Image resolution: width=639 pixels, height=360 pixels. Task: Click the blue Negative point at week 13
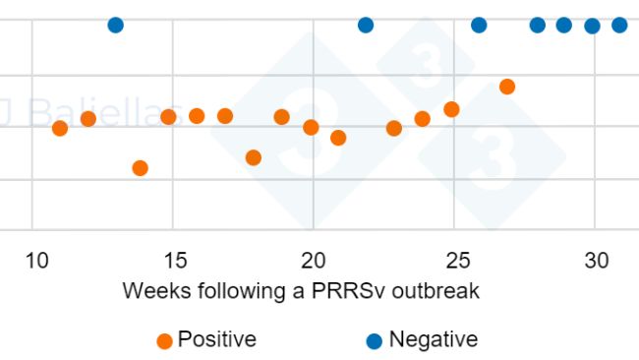click(115, 25)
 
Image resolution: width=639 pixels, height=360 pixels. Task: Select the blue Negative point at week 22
click(366, 25)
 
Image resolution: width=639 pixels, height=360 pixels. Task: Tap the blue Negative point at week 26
click(479, 25)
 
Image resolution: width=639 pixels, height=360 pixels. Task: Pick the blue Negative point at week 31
click(619, 25)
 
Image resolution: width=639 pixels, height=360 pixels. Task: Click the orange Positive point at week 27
click(507, 87)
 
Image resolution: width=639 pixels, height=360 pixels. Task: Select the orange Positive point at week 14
click(140, 168)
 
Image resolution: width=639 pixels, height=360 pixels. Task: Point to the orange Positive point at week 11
click(60, 128)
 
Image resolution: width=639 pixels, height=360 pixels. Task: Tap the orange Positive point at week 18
click(254, 157)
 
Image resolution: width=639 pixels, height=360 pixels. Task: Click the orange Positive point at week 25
click(451, 109)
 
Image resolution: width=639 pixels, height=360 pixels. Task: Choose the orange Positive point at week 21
click(338, 138)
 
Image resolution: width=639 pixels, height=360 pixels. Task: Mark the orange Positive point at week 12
click(88, 119)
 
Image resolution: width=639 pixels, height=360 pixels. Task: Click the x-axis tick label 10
click(35, 261)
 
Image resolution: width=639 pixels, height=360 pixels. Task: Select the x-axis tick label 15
click(175, 261)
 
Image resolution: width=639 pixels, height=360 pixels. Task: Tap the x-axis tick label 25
click(454, 261)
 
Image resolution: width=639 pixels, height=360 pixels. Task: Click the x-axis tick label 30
click(595, 261)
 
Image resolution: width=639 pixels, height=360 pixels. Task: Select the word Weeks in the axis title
click(154, 291)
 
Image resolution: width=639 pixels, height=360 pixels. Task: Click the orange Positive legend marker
click(165, 341)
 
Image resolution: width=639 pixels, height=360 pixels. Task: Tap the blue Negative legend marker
click(374, 341)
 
